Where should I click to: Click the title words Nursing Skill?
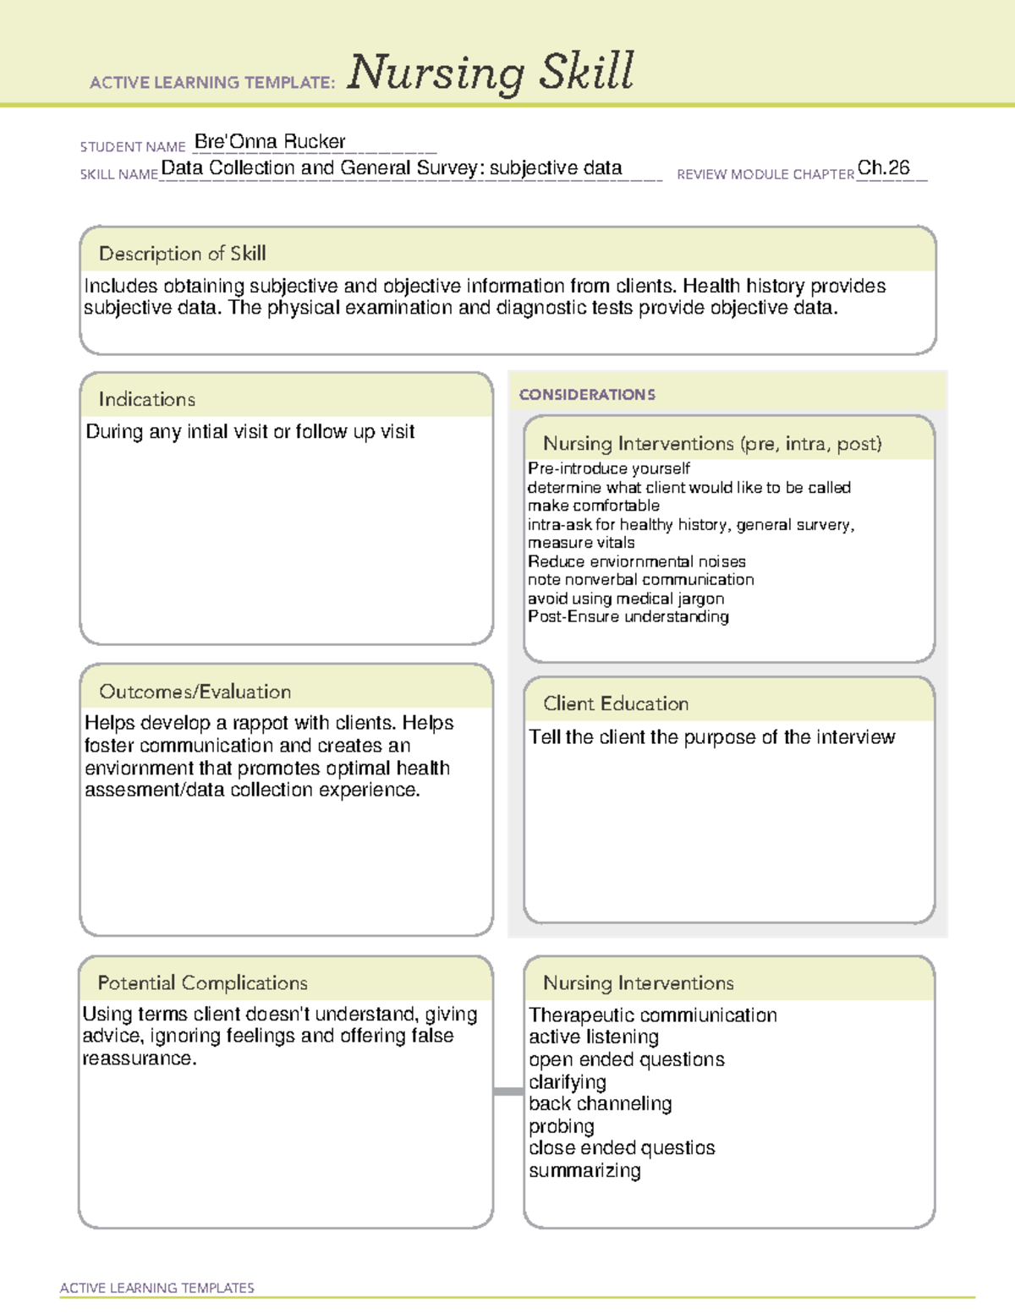tap(490, 72)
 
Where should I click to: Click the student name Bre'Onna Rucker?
tap(270, 142)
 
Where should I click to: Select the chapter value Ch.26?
tap(883, 168)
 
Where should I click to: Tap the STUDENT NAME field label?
tap(133, 147)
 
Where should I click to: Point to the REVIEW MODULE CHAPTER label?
tap(765, 174)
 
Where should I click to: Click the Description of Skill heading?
tap(182, 254)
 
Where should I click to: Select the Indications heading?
tap(146, 399)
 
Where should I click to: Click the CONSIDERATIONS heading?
tap(587, 395)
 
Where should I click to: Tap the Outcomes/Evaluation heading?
tap(195, 692)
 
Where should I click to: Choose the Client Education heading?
tap(615, 703)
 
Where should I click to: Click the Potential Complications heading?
tap(202, 982)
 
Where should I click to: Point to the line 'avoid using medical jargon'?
tap(625, 599)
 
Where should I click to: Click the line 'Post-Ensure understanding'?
tap(628, 617)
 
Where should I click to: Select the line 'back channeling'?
tap(600, 1104)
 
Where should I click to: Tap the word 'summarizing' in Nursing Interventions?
tap(584, 1171)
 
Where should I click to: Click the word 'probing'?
tap(561, 1126)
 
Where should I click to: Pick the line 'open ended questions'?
tap(626, 1060)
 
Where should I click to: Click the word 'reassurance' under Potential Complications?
tap(138, 1059)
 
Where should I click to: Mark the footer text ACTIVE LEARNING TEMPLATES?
tap(156, 1288)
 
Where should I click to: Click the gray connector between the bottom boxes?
tap(507, 1091)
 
